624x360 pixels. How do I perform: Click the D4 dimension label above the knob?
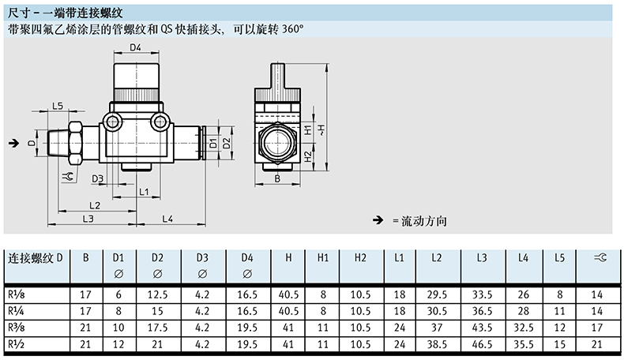[x=135, y=47]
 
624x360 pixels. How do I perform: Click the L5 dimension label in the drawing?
[x=58, y=106]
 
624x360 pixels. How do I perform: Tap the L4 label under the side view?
[x=167, y=219]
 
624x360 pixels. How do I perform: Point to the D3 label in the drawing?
[x=97, y=179]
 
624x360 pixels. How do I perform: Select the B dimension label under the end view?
[x=277, y=179]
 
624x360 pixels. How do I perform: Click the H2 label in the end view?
[x=308, y=157]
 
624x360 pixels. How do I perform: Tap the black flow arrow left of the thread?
[x=14, y=143]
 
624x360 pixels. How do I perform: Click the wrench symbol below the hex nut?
[x=68, y=177]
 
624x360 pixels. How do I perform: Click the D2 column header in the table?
[x=157, y=258]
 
